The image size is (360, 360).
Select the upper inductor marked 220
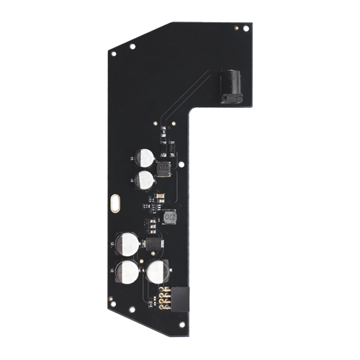click(x=163, y=168)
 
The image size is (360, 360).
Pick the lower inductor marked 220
click(x=171, y=216)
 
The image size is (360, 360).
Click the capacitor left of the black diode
click(x=128, y=243)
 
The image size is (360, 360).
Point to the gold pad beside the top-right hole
click(x=238, y=26)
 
